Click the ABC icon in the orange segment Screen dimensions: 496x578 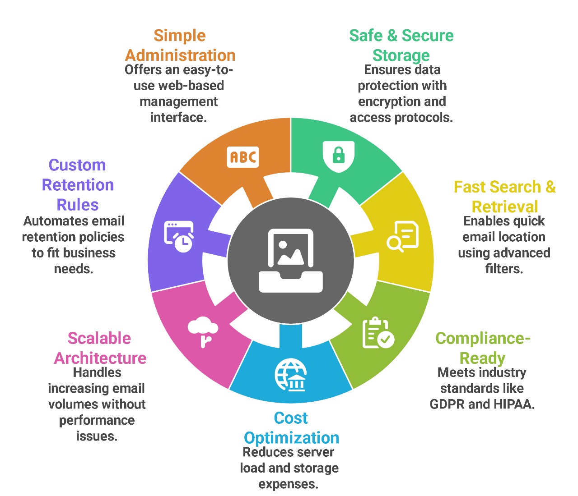click(x=243, y=157)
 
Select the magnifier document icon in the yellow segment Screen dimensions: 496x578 click(x=403, y=236)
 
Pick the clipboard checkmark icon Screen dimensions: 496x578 click(x=378, y=333)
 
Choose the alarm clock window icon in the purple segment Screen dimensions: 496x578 click(x=179, y=236)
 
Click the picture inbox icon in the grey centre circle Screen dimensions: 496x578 click(x=291, y=260)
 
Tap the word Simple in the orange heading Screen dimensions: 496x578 click(x=180, y=36)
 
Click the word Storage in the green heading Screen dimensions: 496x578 click(x=401, y=55)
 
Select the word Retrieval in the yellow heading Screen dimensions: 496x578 click(x=505, y=207)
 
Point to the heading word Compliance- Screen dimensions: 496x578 click(x=483, y=339)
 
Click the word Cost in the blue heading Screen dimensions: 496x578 click(x=291, y=418)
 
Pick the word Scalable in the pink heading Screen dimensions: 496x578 click(x=99, y=339)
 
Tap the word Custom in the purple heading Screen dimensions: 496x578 click(x=77, y=165)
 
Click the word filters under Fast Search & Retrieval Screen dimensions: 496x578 click(x=504, y=269)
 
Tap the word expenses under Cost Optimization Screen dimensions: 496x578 click(x=288, y=484)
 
